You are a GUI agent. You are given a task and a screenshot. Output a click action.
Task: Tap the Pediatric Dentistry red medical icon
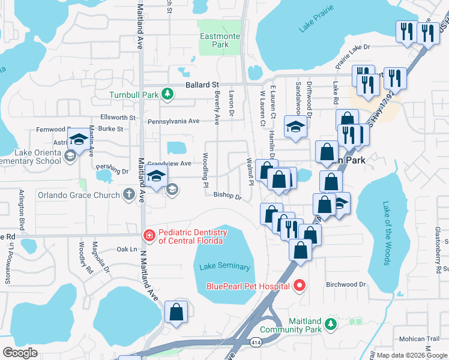pos(148,236)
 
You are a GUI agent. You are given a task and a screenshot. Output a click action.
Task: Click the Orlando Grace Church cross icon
pos(128,194)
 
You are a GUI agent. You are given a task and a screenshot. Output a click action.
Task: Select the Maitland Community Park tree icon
pos(330,325)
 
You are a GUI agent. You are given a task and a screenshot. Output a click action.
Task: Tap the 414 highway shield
pos(256,341)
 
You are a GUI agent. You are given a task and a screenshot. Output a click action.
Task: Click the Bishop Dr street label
pos(228,196)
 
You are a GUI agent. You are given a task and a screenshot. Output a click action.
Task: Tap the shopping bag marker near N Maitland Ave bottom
pos(176,312)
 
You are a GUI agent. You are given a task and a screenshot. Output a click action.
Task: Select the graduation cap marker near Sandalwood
pos(295,127)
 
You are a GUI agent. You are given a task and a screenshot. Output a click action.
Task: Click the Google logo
pos(20,353)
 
